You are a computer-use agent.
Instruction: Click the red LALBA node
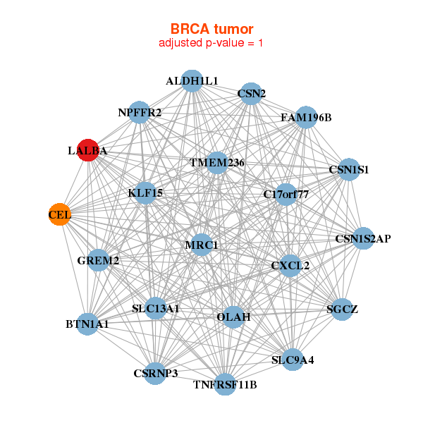pyautogui.click(x=87, y=150)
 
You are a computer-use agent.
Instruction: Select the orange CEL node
pyautogui.click(x=60, y=214)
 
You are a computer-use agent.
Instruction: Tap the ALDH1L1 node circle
pyautogui.click(x=192, y=81)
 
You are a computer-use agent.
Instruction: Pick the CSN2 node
pyautogui.click(x=251, y=93)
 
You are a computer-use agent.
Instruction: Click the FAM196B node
pyautogui.click(x=306, y=117)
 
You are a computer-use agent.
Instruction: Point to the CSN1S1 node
pyautogui.click(x=348, y=170)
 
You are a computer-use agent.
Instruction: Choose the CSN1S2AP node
pyautogui.click(x=363, y=238)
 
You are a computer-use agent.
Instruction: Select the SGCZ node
pyautogui.click(x=341, y=309)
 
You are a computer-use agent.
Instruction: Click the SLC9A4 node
pyautogui.click(x=293, y=360)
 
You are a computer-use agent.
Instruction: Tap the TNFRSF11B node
pyautogui.click(x=225, y=384)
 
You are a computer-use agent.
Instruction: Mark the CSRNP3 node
pyautogui.click(x=156, y=372)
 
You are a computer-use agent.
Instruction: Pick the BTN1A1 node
pyautogui.click(x=87, y=324)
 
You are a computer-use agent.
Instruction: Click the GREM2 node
pyautogui.click(x=98, y=261)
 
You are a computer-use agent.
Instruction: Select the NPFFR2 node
pyautogui.click(x=140, y=113)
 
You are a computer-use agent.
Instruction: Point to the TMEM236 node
pyautogui.click(x=217, y=163)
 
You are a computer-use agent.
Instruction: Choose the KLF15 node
pyautogui.click(x=145, y=192)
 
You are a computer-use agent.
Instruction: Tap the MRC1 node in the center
pyautogui.click(x=202, y=245)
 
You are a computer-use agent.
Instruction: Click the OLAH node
pyautogui.click(x=233, y=317)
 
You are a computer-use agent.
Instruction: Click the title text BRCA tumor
pyautogui.click(x=211, y=29)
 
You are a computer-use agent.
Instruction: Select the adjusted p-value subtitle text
pyautogui.click(x=211, y=43)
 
